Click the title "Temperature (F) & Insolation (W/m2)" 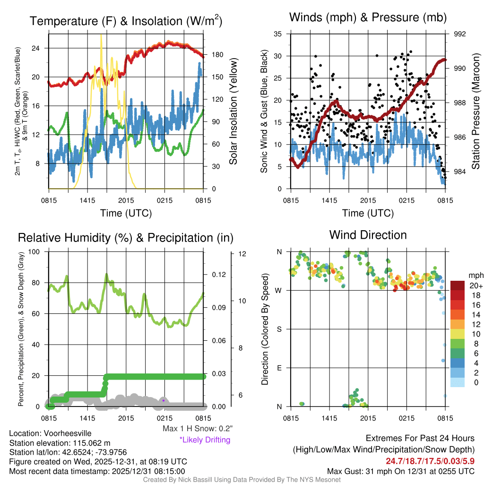point(126,21)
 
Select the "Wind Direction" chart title point(368,234)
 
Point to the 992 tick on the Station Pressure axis point(459,34)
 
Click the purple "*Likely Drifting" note point(205,440)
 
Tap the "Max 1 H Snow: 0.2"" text point(197,429)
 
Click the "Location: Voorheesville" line point(50,433)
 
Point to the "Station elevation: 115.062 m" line point(60,443)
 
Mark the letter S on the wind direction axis point(279,329)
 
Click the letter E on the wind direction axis point(279,368)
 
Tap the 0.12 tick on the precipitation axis point(218,275)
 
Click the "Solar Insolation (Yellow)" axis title point(233,112)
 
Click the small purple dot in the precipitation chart point(163,400)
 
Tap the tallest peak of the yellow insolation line point(101,35)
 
